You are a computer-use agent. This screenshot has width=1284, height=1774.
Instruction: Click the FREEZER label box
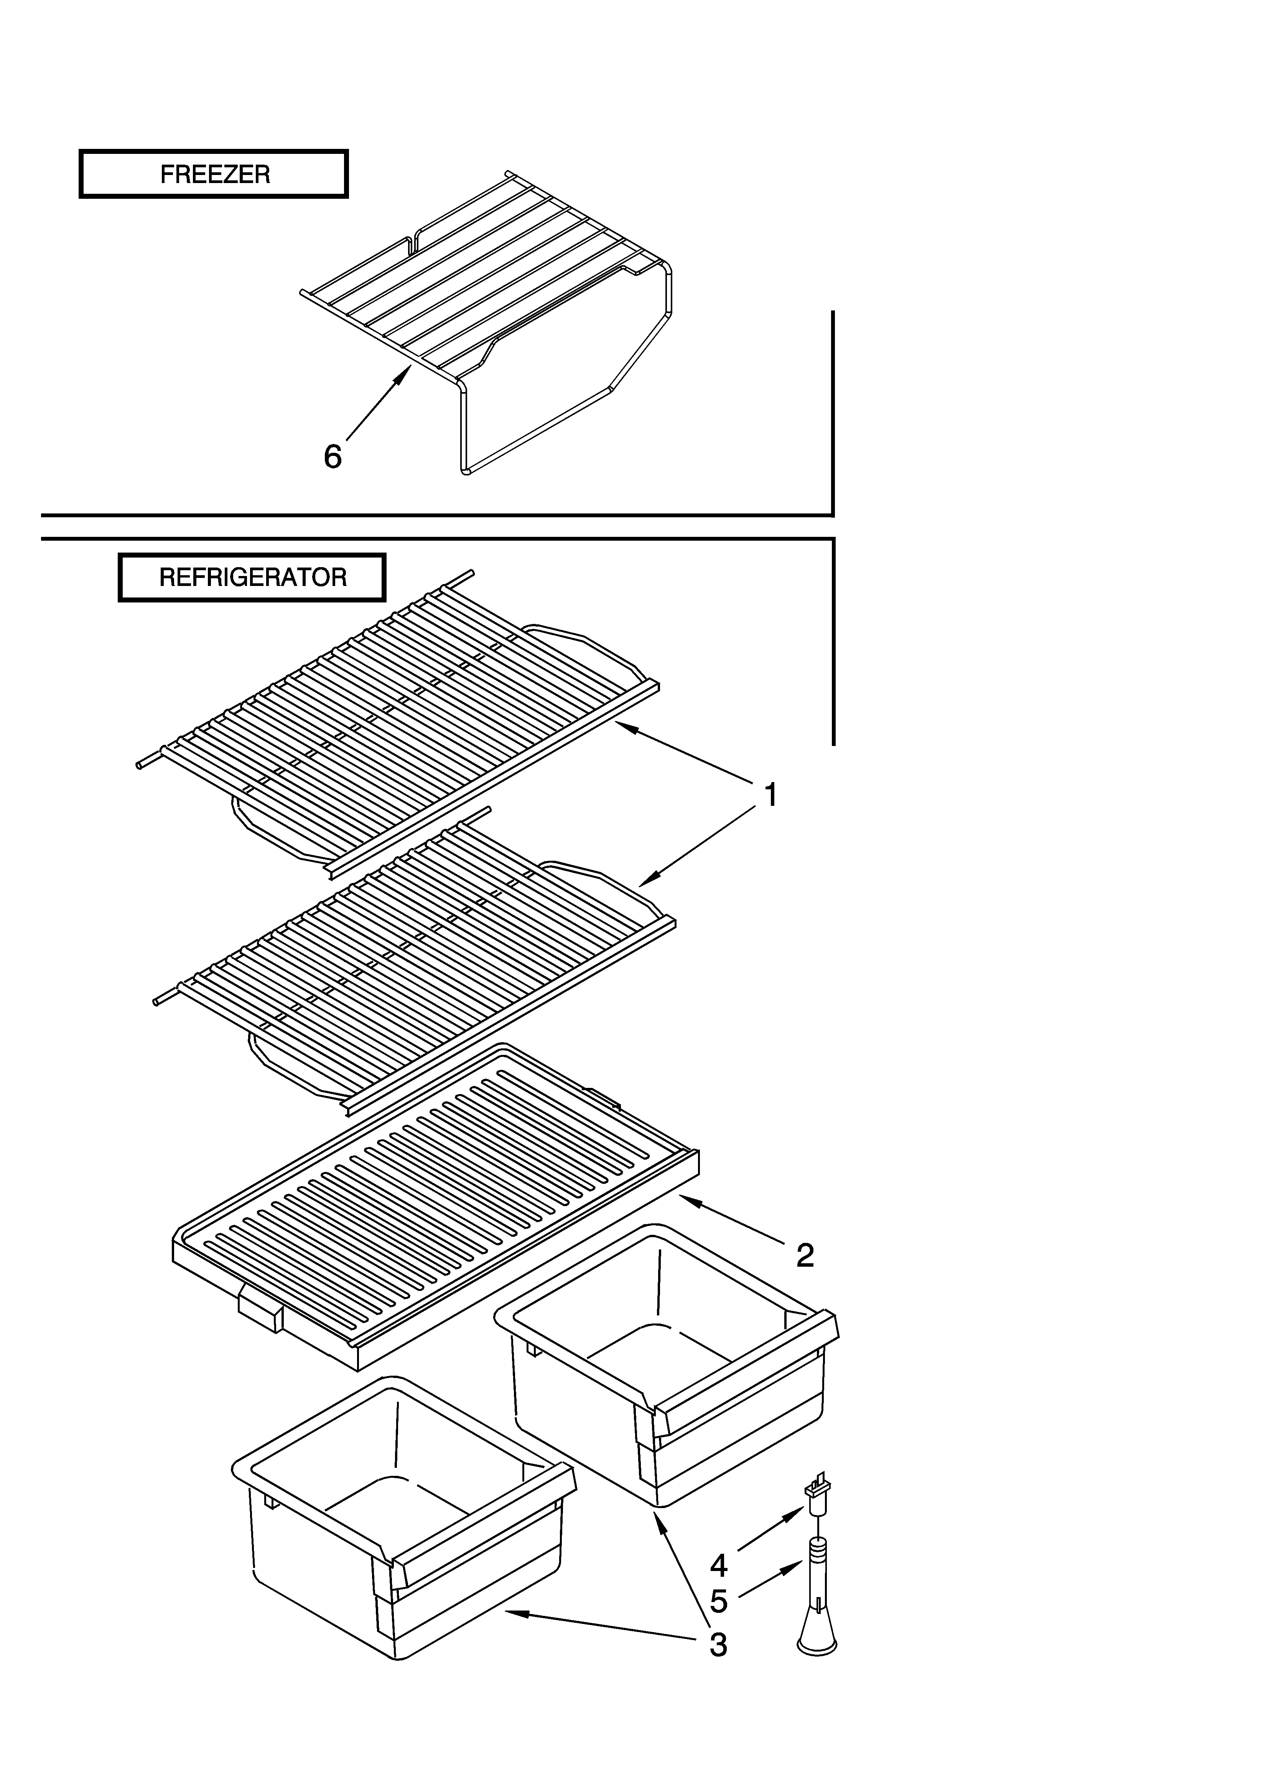[214, 174]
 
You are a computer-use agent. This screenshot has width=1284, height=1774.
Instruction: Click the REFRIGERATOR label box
[252, 577]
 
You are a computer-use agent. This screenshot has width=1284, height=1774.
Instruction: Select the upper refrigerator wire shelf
[399, 712]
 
